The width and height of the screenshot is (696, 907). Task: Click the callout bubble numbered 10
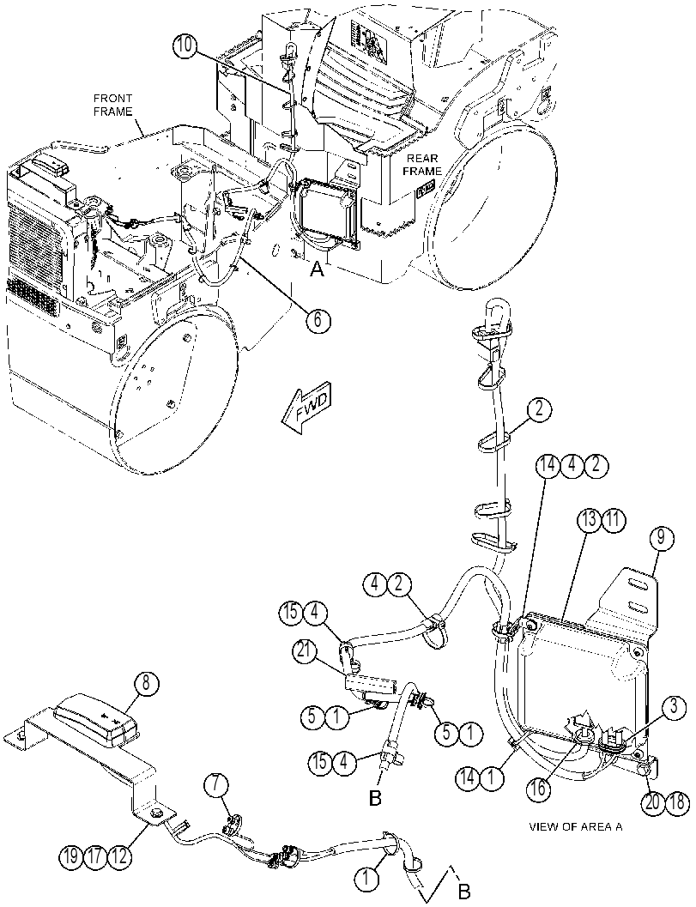pos(185,47)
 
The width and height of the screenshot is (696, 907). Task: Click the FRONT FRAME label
pos(112,106)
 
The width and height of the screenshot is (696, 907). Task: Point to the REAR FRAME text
pos(421,165)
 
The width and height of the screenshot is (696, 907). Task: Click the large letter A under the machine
pos(317,269)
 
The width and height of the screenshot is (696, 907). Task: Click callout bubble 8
pos(146,683)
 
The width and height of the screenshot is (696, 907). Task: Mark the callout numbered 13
pos(589,520)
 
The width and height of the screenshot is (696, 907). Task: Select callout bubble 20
pos(654,802)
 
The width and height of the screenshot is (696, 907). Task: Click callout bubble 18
pos(678,802)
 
